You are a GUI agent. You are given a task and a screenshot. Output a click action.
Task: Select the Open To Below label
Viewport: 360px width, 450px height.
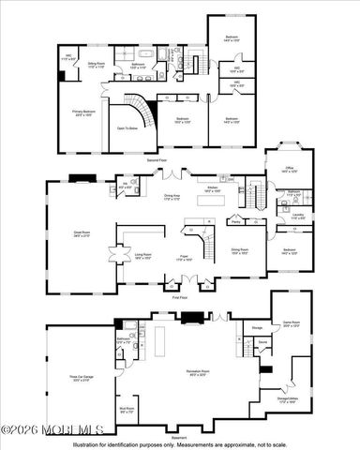pyautogui.click(x=127, y=127)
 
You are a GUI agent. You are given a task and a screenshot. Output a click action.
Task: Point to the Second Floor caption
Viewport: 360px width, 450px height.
pyautogui.click(x=172, y=160)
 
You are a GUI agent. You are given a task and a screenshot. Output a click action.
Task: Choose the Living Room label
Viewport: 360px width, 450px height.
pyautogui.click(x=142, y=255)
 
